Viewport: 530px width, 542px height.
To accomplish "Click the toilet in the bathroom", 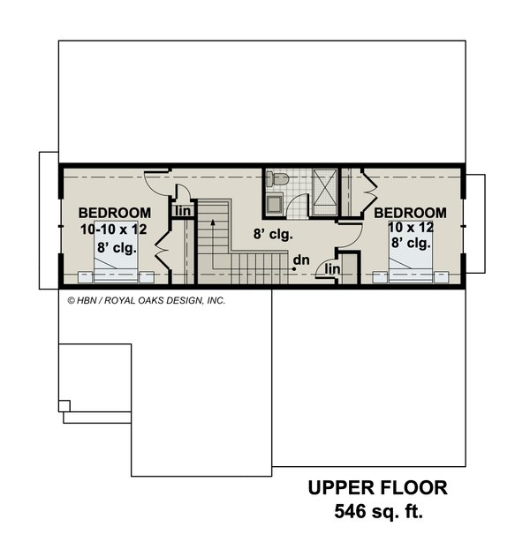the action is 277,179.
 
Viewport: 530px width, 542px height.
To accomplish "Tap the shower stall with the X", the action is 324,192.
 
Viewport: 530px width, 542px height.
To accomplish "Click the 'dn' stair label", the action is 301,260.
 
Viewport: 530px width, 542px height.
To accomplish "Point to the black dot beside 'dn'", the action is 294,269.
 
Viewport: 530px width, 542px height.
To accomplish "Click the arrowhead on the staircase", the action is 213,222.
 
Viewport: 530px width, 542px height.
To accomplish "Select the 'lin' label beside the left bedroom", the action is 183,211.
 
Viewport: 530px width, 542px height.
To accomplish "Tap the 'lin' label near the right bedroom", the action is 332,269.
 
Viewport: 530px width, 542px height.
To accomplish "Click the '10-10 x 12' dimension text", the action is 114,230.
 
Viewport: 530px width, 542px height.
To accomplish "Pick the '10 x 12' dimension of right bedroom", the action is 411,228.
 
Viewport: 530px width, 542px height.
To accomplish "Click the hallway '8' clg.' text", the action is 273,234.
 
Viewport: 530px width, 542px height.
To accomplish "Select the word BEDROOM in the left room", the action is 115,213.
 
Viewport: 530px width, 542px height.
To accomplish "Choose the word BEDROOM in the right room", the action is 410,213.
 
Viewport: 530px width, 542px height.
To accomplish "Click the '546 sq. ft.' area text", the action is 378,511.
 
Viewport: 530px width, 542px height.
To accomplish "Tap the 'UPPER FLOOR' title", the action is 378,488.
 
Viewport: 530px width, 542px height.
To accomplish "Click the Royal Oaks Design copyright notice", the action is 147,300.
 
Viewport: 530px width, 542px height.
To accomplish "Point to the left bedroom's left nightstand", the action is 85,277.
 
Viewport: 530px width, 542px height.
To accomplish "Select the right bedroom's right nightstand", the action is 442,277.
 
